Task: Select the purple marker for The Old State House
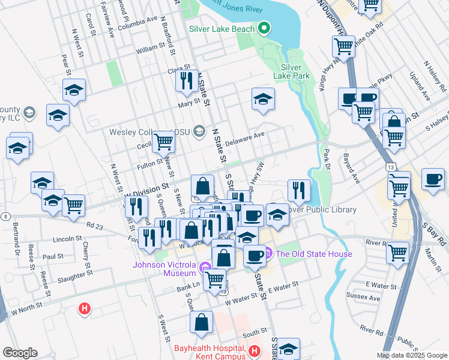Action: (x=268, y=254)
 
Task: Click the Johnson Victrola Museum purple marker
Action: (x=206, y=266)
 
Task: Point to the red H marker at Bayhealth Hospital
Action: (x=255, y=350)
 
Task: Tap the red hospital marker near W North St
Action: (x=85, y=309)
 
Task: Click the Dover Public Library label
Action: (x=321, y=210)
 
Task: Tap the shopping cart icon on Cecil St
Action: (x=163, y=141)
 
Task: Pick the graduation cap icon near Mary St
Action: (x=262, y=98)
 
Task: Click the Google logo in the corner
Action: (x=20, y=353)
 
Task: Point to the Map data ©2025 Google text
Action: (x=411, y=355)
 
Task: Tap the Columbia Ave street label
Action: (x=145, y=22)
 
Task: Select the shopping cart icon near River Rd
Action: (x=397, y=252)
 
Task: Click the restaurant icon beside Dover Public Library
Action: (x=299, y=190)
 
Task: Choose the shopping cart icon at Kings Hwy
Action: (x=344, y=46)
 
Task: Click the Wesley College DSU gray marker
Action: (x=199, y=132)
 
